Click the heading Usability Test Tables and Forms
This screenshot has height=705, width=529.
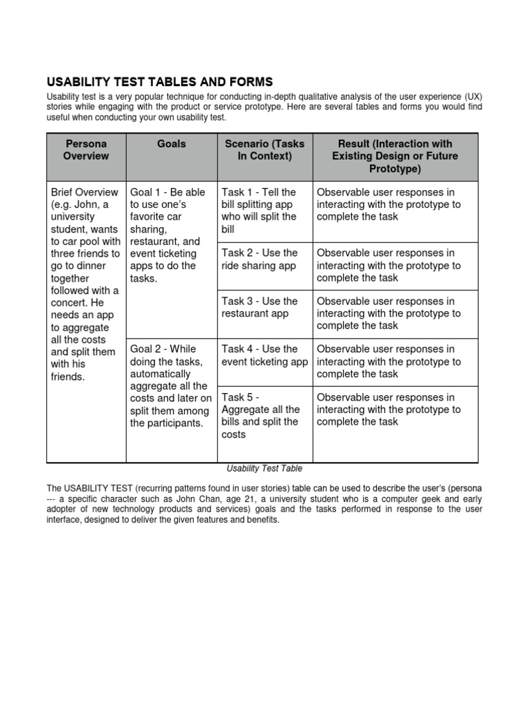click(160, 81)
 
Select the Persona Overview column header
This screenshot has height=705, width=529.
click(86, 149)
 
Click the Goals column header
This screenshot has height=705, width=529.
click(171, 144)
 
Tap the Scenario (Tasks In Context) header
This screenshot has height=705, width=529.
click(264, 149)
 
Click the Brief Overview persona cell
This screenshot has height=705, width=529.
click(85, 284)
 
